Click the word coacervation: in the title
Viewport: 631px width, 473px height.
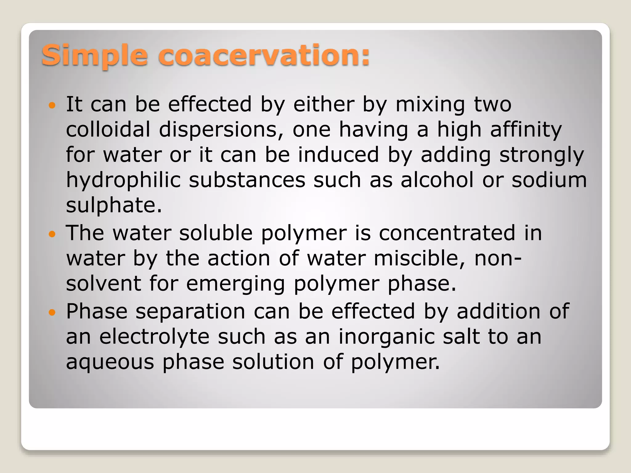coord(264,55)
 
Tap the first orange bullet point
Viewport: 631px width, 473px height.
coord(52,106)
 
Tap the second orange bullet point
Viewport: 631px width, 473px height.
coord(52,234)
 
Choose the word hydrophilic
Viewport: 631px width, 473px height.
coord(123,180)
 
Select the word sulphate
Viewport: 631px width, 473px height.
coord(114,206)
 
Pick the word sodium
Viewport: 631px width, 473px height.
coord(549,180)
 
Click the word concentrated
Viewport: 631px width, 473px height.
coord(447,233)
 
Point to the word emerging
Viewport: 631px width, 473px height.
coord(235,284)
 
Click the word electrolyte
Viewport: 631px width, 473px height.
coord(154,337)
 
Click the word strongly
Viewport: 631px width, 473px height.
coord(541,155)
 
